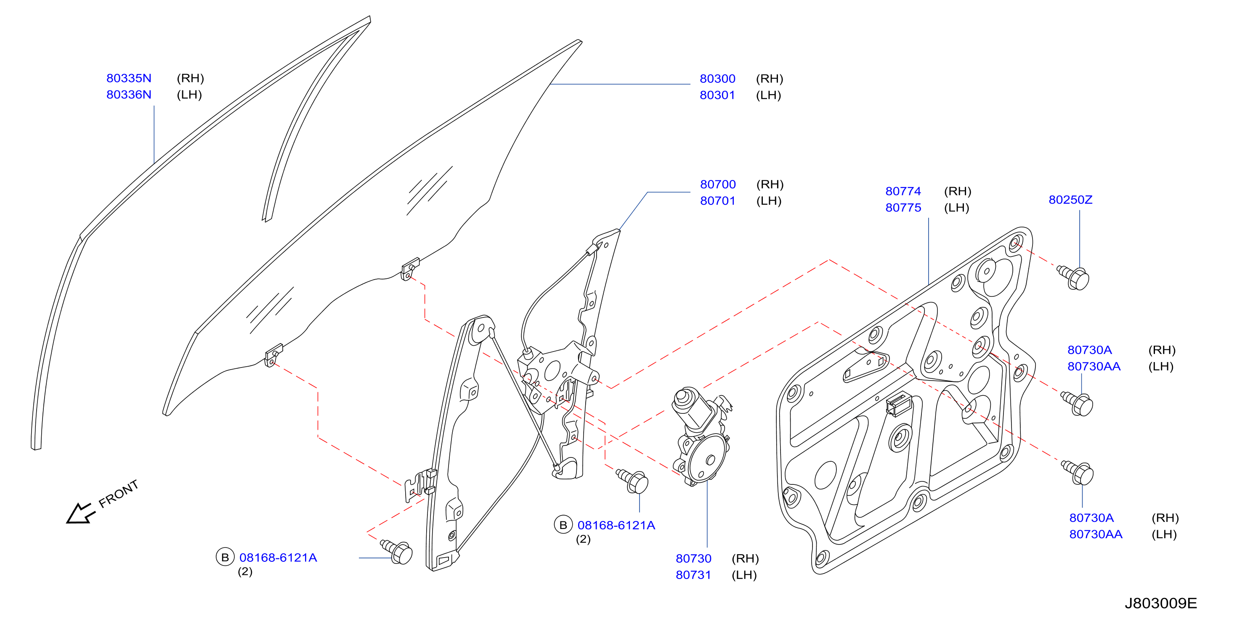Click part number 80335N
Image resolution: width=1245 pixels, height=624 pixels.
[x=129, y=78]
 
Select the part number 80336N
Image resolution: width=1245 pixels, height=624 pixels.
[x=129, y=95]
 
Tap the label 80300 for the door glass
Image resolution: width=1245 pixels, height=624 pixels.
[x=717, y=79]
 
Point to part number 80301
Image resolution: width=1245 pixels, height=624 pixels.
[x=717, y=95]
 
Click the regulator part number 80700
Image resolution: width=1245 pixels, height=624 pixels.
[x=718, y=185]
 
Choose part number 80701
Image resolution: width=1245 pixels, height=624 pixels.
[x=718, y=201]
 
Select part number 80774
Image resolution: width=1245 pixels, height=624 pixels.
[x=903, y=191]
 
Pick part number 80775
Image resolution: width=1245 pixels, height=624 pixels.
[x=903, y=208]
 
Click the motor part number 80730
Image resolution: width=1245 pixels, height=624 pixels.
[x=693, y=559]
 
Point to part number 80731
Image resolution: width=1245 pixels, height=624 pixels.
[x=693, y=575]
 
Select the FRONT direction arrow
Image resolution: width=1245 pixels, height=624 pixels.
[x=80, y=514]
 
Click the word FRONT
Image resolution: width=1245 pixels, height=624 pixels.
[x=118, y=494]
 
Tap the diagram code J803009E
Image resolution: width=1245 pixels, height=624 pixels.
[x=1160, y=604]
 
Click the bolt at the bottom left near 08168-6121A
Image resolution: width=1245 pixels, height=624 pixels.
[x=397, y=552]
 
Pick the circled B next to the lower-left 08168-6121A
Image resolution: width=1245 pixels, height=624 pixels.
[x=225, y=557]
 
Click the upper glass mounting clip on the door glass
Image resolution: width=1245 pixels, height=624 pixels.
[x=410, y=269]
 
